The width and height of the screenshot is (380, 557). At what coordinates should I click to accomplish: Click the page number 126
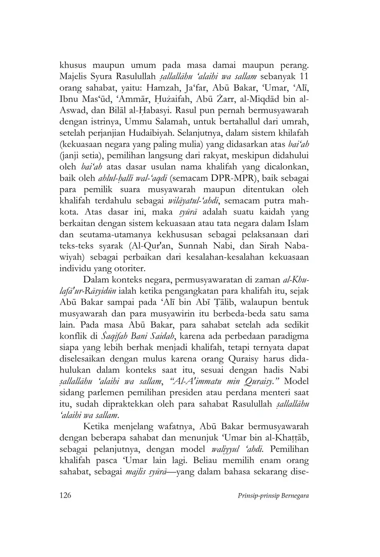[65, 495]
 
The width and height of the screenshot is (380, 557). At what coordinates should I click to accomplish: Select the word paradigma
[288, 336]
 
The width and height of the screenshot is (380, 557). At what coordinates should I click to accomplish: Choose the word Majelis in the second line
[74, 76]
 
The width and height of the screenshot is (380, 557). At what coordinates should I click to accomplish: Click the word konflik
[71, 336]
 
